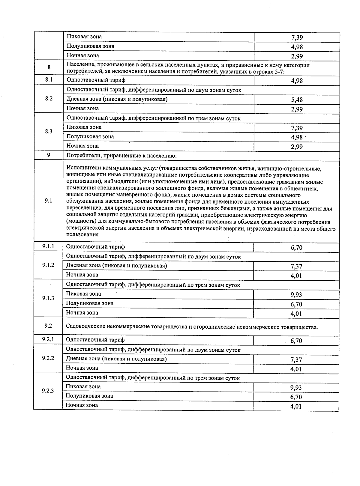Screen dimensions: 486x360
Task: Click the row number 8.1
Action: tap(49, 80)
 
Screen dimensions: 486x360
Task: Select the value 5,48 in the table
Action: tap(297, 100)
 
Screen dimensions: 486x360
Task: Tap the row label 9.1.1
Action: tap(48, 246)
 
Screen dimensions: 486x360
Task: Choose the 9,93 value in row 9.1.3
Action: tap(296, 295)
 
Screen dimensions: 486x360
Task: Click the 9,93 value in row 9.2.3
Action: tap(296, 388)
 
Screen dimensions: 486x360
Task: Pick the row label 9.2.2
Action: tap(48, 358)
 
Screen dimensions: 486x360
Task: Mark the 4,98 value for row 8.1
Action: tap(297, 81)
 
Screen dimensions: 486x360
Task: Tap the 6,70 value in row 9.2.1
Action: tap(296, 341)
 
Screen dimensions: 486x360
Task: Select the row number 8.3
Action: tap(49, 131)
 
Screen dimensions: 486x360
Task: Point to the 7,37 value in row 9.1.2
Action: tap(296, 266)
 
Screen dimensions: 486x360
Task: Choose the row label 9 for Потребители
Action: tap(49, 155)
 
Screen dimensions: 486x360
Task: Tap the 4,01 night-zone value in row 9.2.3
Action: tap(296, 407)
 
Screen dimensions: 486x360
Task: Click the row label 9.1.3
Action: tap(48, 298)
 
